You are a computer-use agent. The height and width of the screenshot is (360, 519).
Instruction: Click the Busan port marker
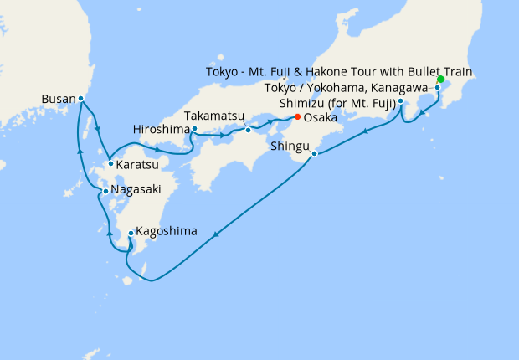pos(80,99)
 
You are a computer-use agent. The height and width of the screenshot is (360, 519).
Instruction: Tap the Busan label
pos(57,99)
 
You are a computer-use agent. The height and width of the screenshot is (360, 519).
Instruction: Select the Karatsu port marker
pos(110,163)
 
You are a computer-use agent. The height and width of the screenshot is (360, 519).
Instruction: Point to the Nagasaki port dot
pos(103,191)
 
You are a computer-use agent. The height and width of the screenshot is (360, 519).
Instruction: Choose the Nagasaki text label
pos(134,191)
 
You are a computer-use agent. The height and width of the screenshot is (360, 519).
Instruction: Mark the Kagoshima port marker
pos(131,233)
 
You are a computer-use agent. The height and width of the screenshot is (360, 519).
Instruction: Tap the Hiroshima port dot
pos(193,129)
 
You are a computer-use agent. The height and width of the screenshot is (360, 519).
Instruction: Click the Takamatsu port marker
pos(249,130)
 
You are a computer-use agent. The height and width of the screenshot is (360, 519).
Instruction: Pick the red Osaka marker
pos(297,116)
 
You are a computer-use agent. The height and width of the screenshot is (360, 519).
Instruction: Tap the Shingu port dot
pos(314,153)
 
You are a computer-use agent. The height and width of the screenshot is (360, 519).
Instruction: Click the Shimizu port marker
pos(401,101)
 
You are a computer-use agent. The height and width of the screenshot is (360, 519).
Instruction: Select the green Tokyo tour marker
pos(440,79)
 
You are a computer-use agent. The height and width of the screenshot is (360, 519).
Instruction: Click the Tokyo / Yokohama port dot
pos(437,87)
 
